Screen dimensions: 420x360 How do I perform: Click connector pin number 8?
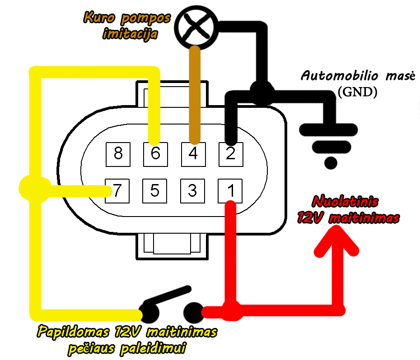click(118, 154)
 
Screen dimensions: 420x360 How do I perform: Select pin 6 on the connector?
click(156, 154)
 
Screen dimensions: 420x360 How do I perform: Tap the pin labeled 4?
click(193, 154)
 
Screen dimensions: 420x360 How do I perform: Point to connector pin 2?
click(231, 154)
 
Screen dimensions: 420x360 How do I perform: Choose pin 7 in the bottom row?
click(117, 191)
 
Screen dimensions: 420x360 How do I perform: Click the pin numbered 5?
click(155, 191)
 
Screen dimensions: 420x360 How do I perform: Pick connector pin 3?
click(192, 191)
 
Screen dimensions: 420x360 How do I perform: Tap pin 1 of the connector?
click(230, 191)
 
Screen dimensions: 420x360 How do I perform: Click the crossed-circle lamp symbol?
click(196, 28)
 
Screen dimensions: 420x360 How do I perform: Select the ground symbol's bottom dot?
click(331, 163)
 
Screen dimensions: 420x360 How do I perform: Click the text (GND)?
click(357, 92)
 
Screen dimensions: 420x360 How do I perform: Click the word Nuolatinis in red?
click(345, 202)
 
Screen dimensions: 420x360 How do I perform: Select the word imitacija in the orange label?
click(130, 34)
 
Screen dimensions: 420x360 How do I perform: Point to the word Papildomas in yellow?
click(73, 332)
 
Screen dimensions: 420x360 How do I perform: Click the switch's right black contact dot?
click(194, 312)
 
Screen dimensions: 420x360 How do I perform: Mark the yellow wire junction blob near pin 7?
click(34, 189)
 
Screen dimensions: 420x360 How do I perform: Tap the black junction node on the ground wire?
click(261, 92)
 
